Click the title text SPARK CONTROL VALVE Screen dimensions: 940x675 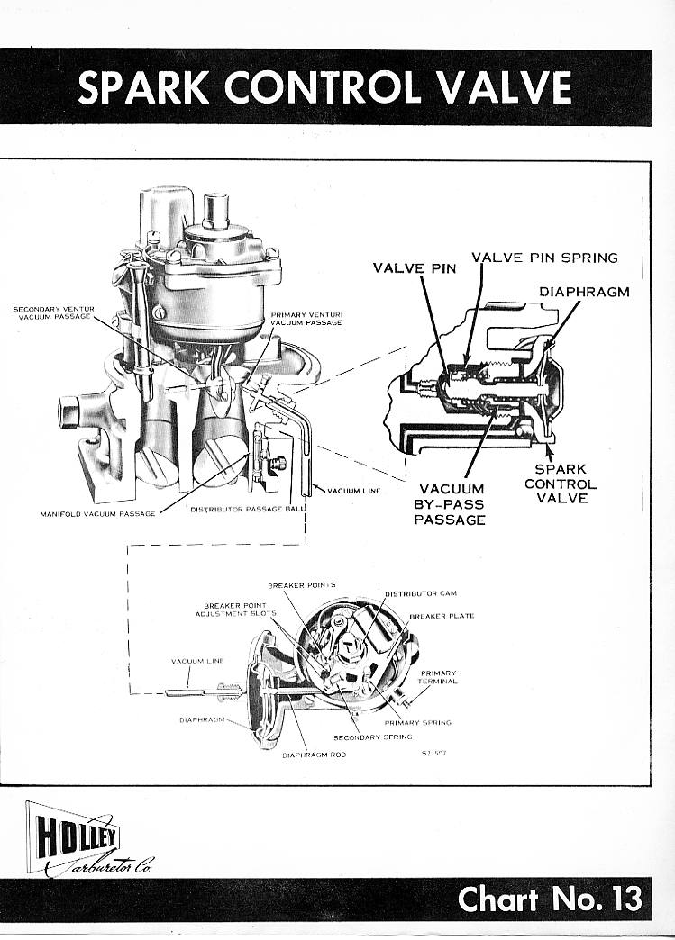click(324, 87)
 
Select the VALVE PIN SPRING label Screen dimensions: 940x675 click(544, 258)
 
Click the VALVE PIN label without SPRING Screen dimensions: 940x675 click(415, 268)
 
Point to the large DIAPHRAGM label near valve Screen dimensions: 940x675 click(584, 292)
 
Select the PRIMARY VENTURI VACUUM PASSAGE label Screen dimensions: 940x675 click(306, 318)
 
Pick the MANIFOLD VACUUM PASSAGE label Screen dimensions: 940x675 click(97, 514)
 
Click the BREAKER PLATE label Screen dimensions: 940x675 click(442, 616)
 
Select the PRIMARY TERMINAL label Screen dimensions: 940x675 click(439, 677)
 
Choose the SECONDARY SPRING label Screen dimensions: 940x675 click(373, 737)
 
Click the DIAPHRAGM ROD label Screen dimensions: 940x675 click(314, 755)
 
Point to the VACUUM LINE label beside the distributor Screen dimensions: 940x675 click(196, 661)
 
